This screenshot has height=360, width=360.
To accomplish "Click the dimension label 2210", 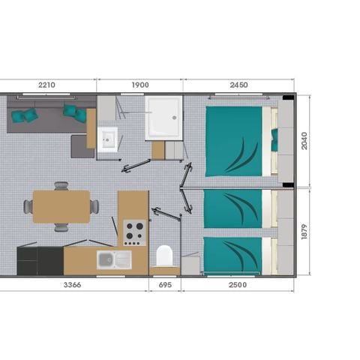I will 48,85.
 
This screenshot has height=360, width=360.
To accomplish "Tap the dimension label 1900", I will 139,85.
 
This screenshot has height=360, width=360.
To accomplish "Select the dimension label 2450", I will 238,85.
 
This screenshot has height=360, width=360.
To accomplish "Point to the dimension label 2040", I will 304,140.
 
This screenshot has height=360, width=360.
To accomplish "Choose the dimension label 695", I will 165,285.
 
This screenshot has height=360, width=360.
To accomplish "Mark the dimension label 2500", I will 238,285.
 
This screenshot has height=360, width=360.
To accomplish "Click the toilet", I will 164,256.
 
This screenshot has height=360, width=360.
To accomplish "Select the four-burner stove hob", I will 134,231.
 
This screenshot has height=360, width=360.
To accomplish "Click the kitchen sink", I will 113,259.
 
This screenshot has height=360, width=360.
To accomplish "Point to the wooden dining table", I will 61,205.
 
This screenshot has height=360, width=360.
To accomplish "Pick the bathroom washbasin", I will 107,139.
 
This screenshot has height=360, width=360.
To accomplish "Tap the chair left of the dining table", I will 28,205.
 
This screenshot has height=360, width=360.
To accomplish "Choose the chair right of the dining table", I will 94,205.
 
